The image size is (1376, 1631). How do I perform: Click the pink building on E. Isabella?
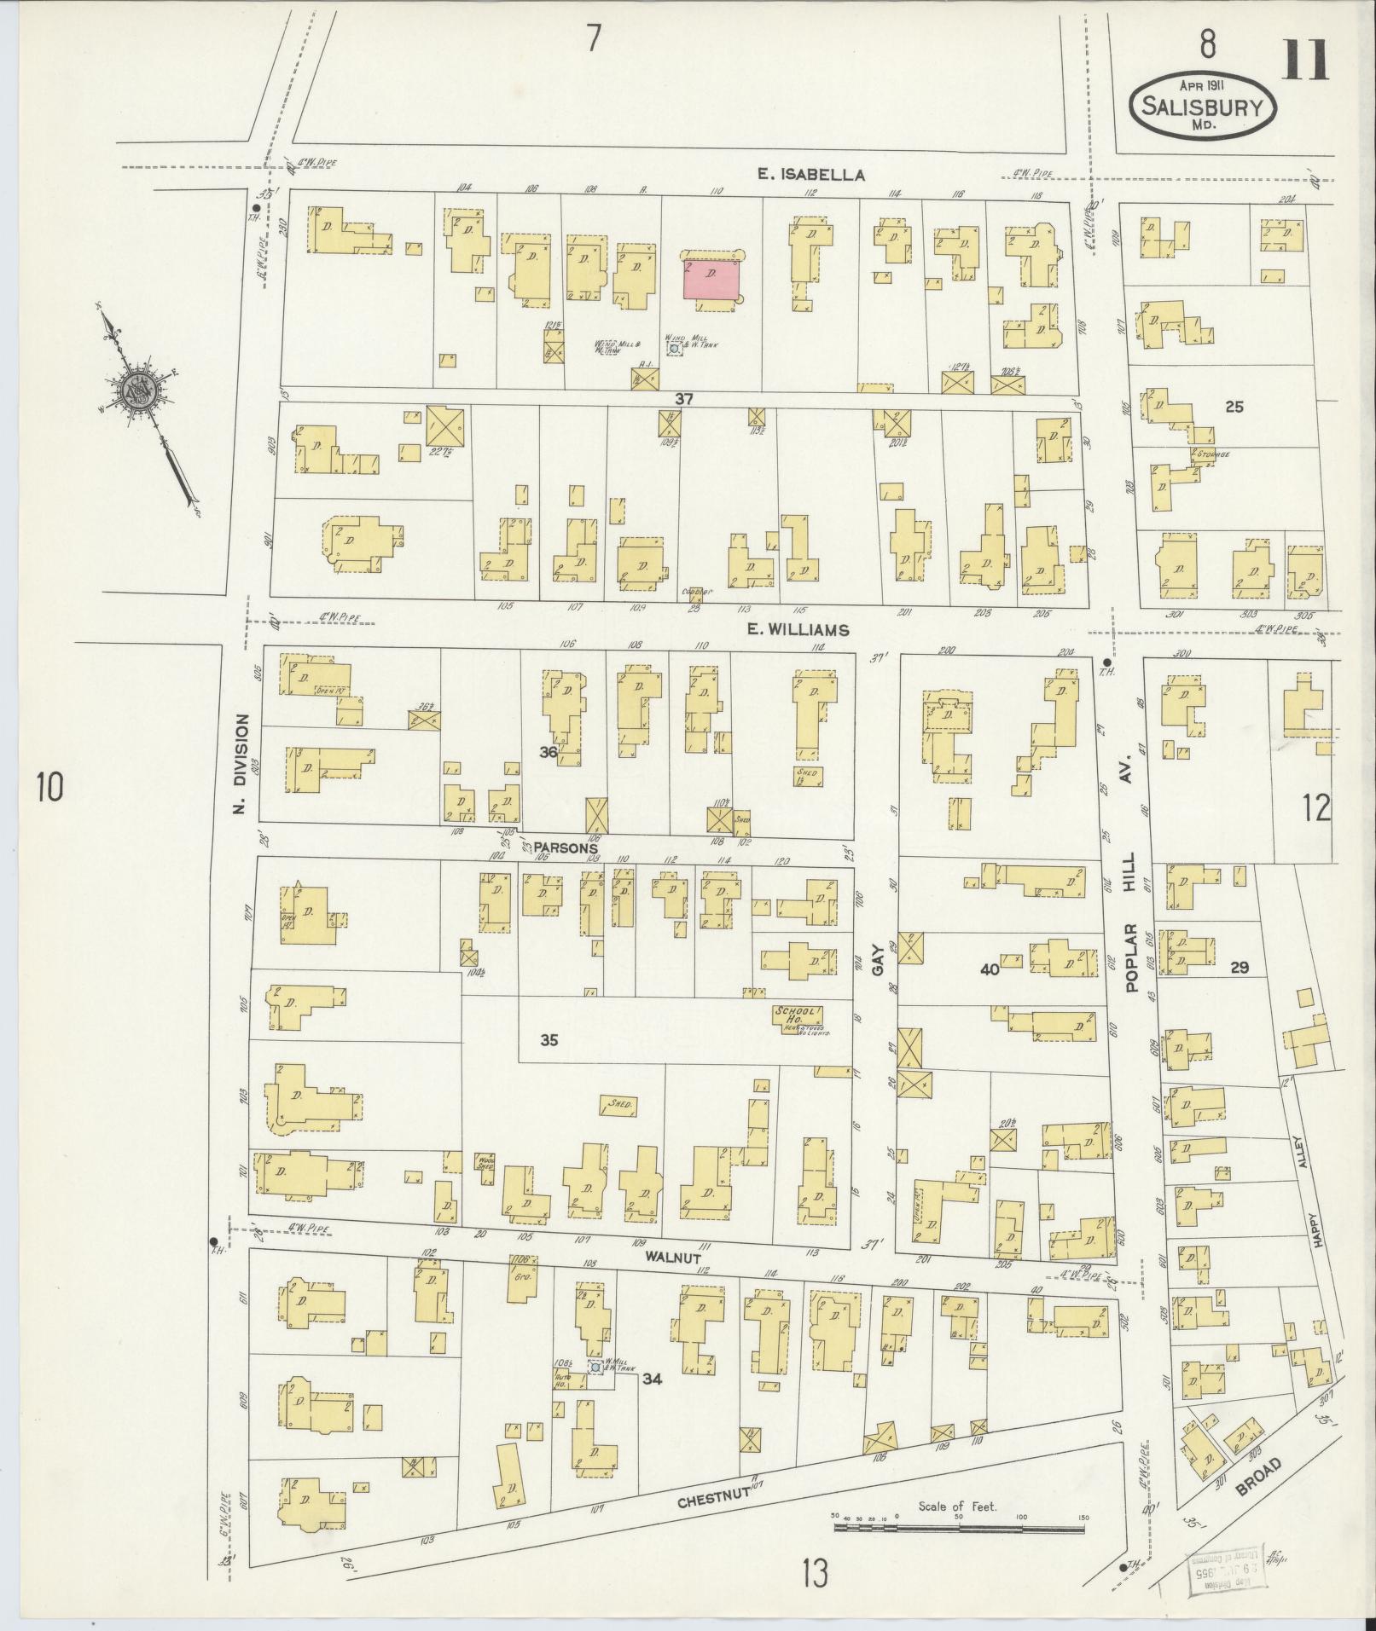point(711,280)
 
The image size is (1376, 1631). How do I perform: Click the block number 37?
point(683,398)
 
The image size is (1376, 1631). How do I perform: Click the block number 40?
point(990,969)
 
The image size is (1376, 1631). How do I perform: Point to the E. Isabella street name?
point(811,175)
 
